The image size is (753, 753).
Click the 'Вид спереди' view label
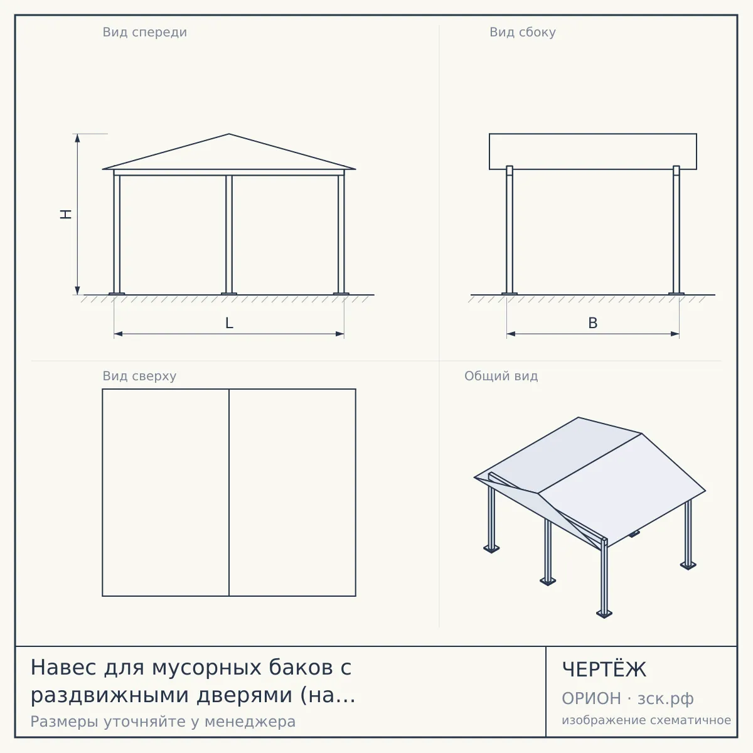(144, 33)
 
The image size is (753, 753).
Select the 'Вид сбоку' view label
(523, 33)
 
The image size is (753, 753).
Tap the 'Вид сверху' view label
(139, 376)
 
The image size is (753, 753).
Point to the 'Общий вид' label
(501, 376)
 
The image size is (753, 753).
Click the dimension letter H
(66, 214)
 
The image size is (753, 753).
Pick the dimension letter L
(229, 323)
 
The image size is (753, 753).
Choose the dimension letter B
(593, 323)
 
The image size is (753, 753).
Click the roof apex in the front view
(229, 134)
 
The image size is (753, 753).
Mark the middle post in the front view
(229, 234)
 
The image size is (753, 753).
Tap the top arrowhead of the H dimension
(77, 137)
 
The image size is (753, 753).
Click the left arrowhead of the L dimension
(118, 334)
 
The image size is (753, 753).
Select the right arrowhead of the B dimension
(675, 334)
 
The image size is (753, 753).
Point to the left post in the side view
(509, 230)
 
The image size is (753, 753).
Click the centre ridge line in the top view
(229, 493)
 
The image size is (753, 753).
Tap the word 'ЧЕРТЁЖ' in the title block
(604, 670)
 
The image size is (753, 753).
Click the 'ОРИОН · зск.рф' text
(627, 698)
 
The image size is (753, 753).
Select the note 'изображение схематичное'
(646, 720)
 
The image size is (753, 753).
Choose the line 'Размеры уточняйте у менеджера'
(163, 722)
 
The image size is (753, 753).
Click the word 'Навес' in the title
(63, 667)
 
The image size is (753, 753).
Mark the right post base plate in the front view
(341, 294)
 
